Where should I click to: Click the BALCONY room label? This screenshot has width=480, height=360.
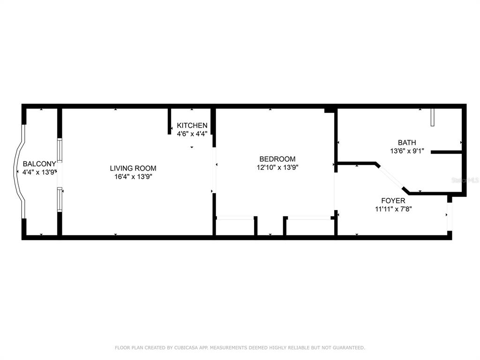[x=39, y=164]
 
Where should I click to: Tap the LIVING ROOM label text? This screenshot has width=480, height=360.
[x=133, y=168]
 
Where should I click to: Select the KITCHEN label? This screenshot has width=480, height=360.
[x=192, y=125]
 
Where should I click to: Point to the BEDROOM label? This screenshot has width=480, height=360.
[x=277, y=159]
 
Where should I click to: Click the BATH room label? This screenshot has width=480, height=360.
[x=407, y=142]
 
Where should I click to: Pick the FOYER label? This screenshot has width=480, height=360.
[x=393, y=201]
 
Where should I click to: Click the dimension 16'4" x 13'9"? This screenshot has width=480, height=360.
[x=133, y=177]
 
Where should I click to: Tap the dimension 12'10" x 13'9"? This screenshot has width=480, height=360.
[x=277, y=167]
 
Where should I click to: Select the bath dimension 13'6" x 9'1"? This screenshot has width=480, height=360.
[x=407, y=151]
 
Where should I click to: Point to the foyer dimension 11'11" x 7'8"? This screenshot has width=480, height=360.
[x=393, y=209]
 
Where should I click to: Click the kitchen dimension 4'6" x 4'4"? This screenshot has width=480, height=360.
[x=192, y=134]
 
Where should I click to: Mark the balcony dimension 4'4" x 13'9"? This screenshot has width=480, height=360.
[x=40, y=172]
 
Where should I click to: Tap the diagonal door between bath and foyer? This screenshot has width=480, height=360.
[x=391, y=178]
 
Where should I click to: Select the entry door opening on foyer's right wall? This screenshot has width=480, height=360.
[x=450, y=217]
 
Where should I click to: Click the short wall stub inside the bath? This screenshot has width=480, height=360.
[x=446, y=152]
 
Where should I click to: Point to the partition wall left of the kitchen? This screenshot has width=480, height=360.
[x=169, y=121]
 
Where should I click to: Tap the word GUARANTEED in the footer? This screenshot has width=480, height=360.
[x=349, y=347]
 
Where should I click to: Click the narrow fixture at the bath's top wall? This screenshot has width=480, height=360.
[x=432, y=117]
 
